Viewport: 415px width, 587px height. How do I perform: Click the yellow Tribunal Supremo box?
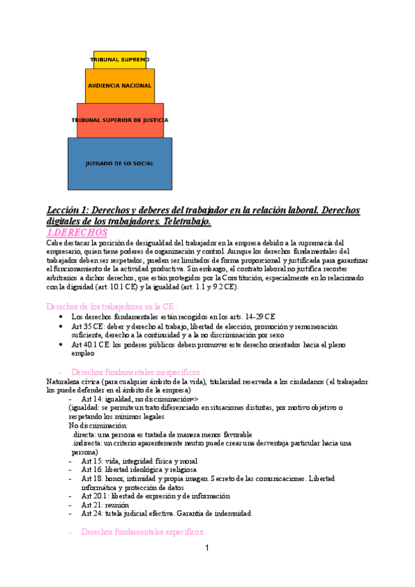[120, 60]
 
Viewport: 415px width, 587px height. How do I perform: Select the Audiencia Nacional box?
[119, 85]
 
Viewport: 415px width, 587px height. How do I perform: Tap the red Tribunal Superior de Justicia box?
[120, 120]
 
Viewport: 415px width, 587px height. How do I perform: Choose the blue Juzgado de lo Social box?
[119, 163]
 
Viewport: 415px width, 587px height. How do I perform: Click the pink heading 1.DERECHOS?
[77, 233]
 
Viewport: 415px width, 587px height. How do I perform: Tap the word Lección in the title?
[64, 210]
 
